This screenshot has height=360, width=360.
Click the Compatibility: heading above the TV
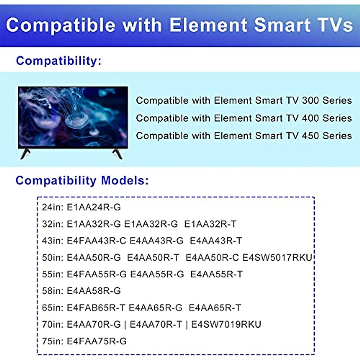pos(59,61)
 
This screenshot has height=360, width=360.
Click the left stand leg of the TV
pos(25,154)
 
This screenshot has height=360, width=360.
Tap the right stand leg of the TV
pos(118,154)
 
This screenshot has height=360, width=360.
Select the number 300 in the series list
pos(310,100)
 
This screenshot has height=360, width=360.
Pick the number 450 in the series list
pos(310,136)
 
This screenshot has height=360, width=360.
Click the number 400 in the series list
pos(310,118)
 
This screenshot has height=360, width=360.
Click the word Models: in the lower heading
pos(125,181)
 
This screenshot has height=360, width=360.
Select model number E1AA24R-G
pos(94,207)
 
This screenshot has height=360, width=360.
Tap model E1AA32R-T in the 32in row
pos(210,224)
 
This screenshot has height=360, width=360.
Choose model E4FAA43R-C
pos(96,241)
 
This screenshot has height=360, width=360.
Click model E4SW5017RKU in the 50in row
pos(277,258)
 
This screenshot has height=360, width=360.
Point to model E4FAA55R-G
pos(97,274)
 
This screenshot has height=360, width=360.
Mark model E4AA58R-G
pos(94,291)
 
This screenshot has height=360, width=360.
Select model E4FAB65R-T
pos(96,308)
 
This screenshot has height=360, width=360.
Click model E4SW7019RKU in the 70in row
pos(226,325)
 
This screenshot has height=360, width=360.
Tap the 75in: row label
pos(52,341)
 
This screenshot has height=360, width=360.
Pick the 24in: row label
pos(52,207)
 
